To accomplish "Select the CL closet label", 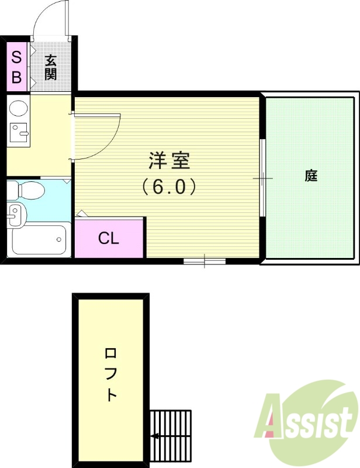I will (x=109, y=238).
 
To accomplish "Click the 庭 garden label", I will (x=310, y=175).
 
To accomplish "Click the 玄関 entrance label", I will (x=51, y=67).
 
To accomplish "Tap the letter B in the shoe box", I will (x=16, y=77).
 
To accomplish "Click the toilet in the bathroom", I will (x=26, y=190).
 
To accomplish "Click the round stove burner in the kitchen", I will (x=19, y=108).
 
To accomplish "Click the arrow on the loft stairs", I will (x=156, y=436).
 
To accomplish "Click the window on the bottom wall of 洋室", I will (x=204, y=260).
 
